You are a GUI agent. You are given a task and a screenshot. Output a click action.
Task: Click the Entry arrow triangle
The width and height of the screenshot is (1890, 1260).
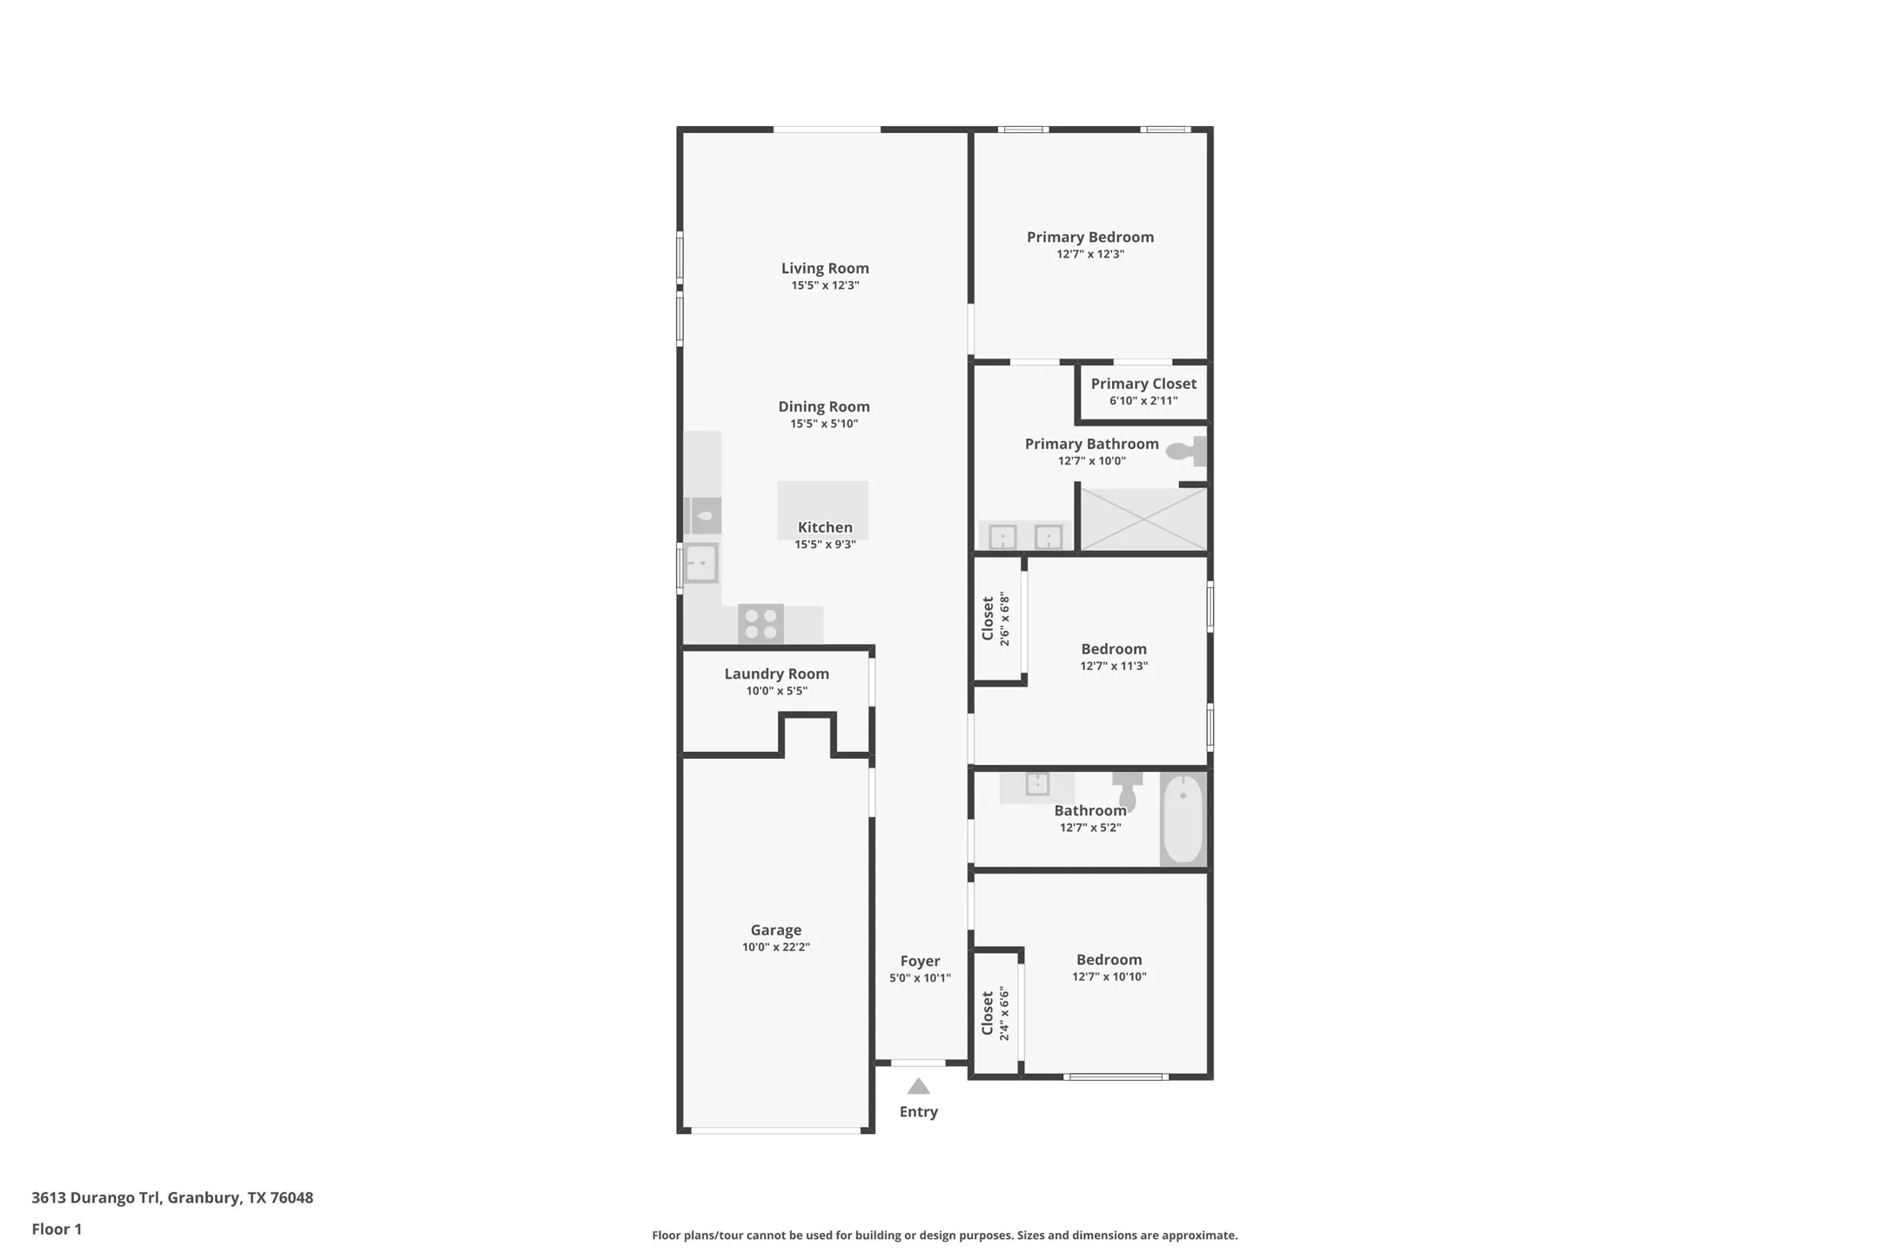coord(918,1086)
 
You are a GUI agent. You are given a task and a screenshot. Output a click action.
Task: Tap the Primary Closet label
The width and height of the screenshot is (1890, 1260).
coord(1143,384)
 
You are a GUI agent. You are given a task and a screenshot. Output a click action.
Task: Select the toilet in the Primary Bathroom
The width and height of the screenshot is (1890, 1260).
coord(1185,451)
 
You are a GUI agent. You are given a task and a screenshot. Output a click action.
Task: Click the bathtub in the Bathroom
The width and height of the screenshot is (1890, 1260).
coord(1183,819)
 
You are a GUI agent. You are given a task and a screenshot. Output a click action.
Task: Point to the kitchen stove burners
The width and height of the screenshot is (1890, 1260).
coord(761,624)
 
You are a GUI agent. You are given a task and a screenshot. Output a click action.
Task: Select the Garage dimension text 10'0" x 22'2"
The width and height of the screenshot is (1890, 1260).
coord(775,947)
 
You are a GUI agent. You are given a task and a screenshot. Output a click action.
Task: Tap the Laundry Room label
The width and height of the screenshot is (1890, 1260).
coord(776,674)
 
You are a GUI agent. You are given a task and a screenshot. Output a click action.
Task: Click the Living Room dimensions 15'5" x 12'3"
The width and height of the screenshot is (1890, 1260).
coord(824,285)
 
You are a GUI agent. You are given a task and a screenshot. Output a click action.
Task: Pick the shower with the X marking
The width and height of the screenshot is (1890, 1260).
coord(1143,519)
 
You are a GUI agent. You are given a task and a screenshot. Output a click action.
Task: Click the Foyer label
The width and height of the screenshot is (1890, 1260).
coord(920,961)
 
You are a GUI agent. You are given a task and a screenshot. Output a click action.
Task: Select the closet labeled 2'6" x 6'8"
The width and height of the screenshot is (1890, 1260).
coord(996,619)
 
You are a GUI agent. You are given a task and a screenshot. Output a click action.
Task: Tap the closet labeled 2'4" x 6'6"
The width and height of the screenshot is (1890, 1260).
coord(995,1013)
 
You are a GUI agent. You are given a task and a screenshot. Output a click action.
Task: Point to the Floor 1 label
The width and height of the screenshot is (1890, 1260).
coord(57,1229)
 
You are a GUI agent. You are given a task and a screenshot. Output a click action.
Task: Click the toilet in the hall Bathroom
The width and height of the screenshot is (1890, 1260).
coord(1128,790)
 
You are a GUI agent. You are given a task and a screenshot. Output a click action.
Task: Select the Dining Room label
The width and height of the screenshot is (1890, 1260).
coord(823,406)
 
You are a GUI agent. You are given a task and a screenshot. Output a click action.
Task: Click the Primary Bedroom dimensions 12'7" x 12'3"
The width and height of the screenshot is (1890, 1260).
coord(1089,254)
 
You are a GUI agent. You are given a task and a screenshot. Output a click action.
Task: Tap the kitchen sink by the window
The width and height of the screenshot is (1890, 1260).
coord(700,563)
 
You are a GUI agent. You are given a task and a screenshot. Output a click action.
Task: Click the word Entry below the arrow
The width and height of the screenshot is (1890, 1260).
coord(918,1111)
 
